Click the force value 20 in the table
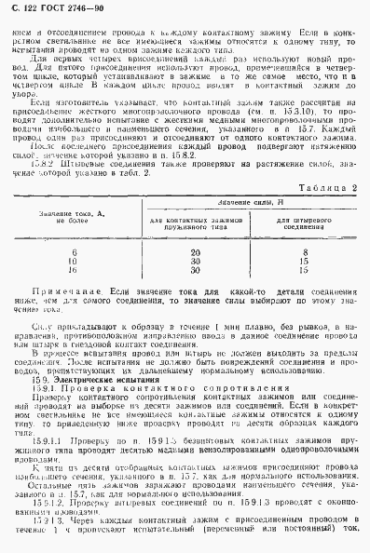pyautogui.click(x=194, y=251)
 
